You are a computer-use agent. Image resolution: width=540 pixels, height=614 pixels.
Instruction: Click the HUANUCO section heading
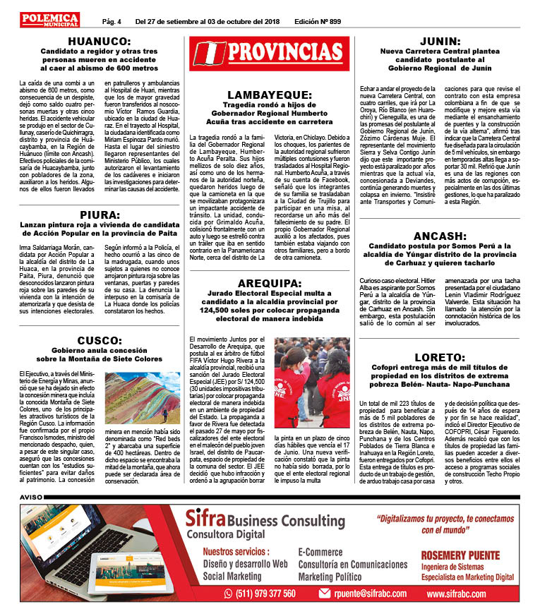[99, 41]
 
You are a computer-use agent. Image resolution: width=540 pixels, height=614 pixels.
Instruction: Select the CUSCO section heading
[99, 339]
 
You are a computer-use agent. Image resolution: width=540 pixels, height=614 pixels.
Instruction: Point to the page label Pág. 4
[112, 21]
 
